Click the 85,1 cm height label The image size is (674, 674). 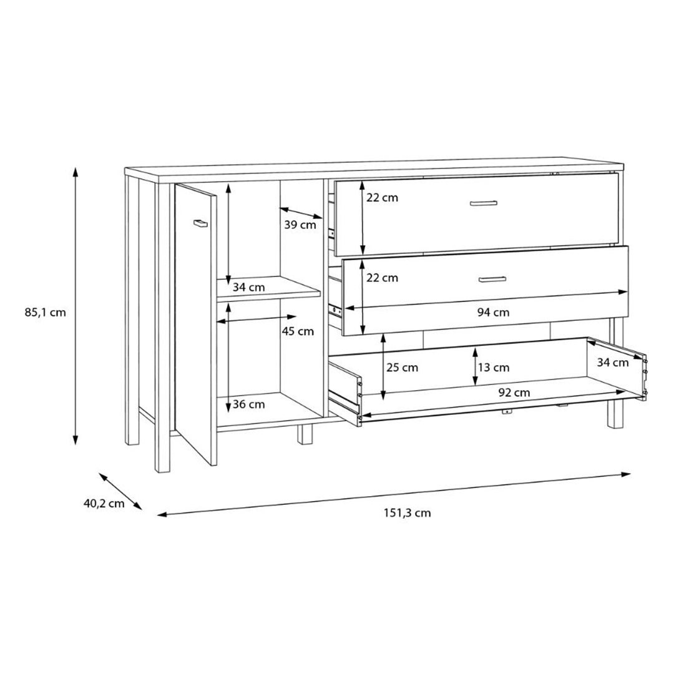pos(45,313)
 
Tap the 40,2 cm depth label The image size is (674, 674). pos(104,504)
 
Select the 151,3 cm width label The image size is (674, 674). pos(407,513)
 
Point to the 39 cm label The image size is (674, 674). pos(300,225)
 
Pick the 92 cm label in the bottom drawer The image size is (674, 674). pos(514,393)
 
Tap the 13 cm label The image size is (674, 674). pos(493,368)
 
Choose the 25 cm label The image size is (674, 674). pos(402,368)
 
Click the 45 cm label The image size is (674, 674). pos(298,331)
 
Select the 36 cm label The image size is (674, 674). pos(248,404)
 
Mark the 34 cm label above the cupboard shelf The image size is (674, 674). pos(248,288)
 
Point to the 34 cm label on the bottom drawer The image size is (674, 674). pos(612,363)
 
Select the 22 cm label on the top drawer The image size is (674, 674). pos(382,198)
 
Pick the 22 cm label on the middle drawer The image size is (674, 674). pos(382,278)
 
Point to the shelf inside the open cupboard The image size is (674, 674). pos(268,289)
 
